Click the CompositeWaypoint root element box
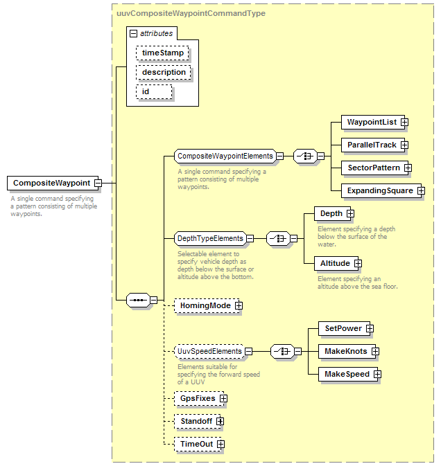tap(53, 183)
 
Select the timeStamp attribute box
tap(162, 53)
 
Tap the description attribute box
tap(164, 72)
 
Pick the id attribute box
tap(154, 92)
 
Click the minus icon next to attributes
tap(133, 34)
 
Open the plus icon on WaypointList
tap(404, 122)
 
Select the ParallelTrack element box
tap(373, 145)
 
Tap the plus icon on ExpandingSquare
tap(421, 191)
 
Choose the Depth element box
tap(332, 214)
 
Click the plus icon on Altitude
tap(358, 264)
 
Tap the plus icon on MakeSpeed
tap(377, 374)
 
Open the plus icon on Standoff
tap(220, 422)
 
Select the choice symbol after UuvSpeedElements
tap(282, 352)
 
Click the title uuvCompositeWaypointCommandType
tap(191, 13)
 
